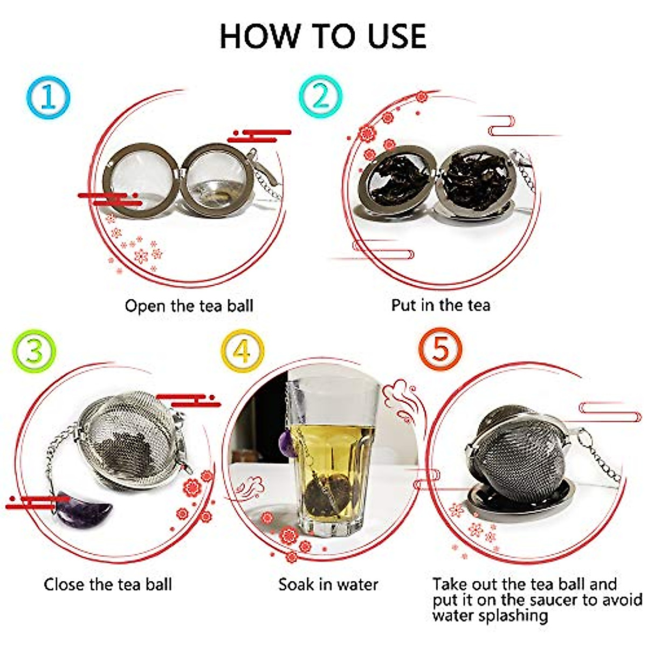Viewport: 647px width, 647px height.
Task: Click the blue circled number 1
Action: [x=48, y=98]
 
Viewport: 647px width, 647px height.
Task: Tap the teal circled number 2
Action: [x=321, y=97]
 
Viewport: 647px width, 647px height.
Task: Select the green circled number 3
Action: [x=33, y=350]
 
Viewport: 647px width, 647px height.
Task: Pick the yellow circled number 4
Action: [x=243, y=351]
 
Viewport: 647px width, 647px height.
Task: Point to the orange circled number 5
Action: [x=440, y=349]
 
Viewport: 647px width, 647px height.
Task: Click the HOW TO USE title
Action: [x=323, y=37]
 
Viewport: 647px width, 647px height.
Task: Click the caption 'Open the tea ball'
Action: [x=189, y=306]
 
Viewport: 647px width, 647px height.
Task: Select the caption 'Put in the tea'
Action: [x=440, y=305]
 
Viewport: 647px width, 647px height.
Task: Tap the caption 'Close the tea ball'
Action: [x=108, y=584]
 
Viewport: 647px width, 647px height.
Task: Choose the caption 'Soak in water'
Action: [x=328, y=584]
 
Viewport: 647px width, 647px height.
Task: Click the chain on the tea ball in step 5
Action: [x=601, y=458]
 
